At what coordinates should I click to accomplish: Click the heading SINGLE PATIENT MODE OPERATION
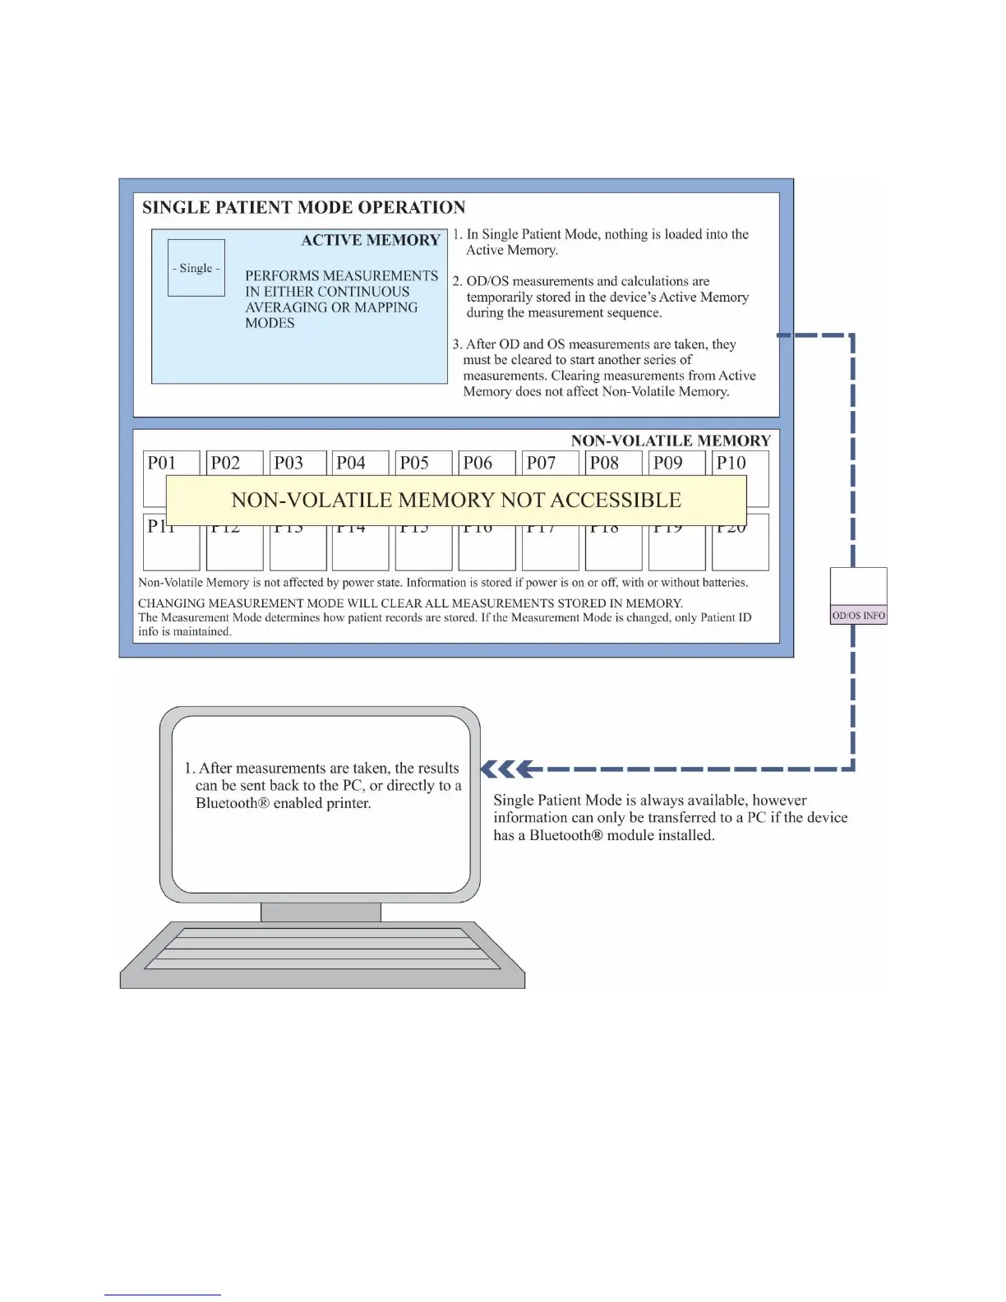pyautogui.click(x=303, y=207)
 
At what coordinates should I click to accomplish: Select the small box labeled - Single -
pyautogui.click(x=196, y=268)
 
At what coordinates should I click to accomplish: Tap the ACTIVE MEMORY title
pyautogui.click(x=371, y=240)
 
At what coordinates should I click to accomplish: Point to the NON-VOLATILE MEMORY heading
pyautogui.click(x=671, y=441)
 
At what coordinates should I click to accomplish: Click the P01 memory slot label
pyautogui.click(x=162, y=463)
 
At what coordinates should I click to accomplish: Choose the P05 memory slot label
pyautogui.click(x=414, y=463)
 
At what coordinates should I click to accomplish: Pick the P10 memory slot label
pyautogui.click(x=731, y=463)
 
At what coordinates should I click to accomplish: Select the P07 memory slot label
pyautogui.click(x=541, y=463)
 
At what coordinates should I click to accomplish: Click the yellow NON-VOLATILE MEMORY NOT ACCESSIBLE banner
pyautogui.click(x=456, y=500)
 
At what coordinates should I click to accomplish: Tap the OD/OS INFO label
pyautogui.click(x=859, y=615)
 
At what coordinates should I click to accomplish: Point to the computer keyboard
pyautogui.click(x=322, y=953)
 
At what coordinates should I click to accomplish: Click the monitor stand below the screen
pyautogui.click(x=321, y=912)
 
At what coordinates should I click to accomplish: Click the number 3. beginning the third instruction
pyautogui.click(x=457, y=344)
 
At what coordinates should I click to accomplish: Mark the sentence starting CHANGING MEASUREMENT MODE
pyautogui.click(x=410, y=603)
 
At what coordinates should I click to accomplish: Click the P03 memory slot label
pyautogui.click(x=288, y=463)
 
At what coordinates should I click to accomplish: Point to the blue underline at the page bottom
pyautogui.click(x=162, y=1295)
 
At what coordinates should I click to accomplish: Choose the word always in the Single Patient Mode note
pyautogui.click(x=706, y=800)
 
